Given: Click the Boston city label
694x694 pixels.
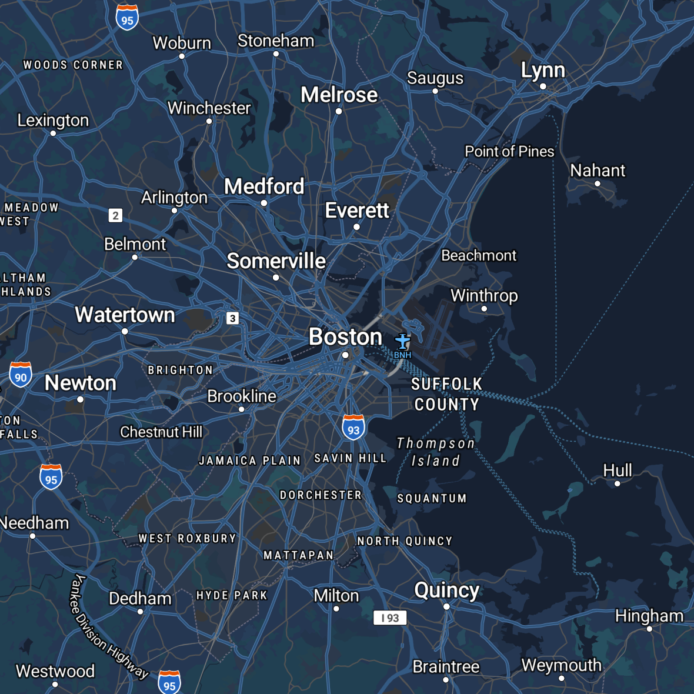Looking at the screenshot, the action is tap(345, 337).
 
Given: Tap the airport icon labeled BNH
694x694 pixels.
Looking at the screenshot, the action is tap(403, 341).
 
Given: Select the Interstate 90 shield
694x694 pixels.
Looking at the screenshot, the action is tap(21, 375).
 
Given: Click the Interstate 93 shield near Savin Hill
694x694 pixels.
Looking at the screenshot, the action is tap(353, 428).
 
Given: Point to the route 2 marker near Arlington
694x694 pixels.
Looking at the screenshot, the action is tap(116, 215).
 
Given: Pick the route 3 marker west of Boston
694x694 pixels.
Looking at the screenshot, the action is tap(233, 318).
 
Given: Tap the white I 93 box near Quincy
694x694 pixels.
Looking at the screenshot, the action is tap(390, 618).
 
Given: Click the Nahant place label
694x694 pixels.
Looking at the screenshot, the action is tap(598, 171).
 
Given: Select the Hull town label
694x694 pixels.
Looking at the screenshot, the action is tap(618, 471).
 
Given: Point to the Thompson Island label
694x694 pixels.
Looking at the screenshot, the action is tap(436, 452).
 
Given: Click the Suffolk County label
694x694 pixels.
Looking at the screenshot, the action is tap(446, 394).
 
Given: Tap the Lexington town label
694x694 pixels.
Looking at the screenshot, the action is tap(53, 121).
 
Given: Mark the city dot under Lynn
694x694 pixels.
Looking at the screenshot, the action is tap(543, 86).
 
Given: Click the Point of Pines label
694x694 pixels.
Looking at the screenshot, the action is tap(509, 152).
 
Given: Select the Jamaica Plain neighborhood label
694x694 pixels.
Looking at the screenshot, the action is tap(250, 461).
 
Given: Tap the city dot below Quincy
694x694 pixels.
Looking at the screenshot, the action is tap(446, 606).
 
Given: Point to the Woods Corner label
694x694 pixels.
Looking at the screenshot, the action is tap(74, 65).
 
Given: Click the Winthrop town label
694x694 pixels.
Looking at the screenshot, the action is tap(484, 295).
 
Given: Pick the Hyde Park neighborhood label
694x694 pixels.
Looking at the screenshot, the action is tap(232, 596).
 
